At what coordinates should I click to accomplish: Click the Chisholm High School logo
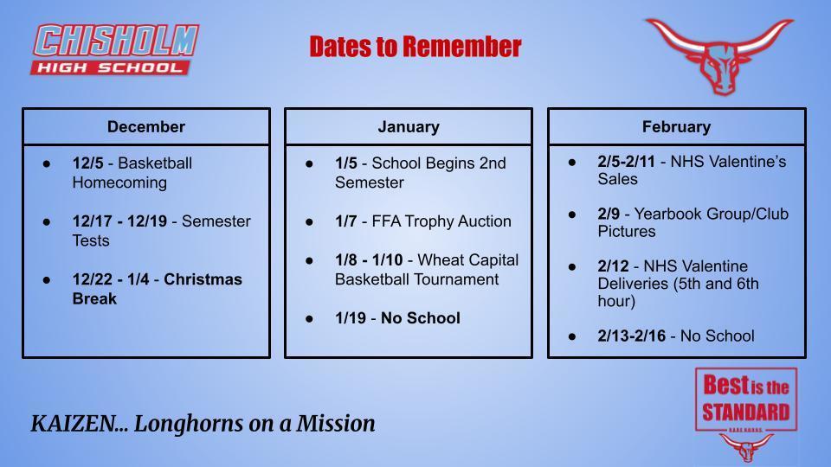(115, 49)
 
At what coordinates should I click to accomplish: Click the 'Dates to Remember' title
(415, 47)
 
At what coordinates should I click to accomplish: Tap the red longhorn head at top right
(718, 55)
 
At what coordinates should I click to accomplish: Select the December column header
(145, 127)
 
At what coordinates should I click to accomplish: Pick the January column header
(409, 127)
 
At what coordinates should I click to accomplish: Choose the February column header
(676, 127)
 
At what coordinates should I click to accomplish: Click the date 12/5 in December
(87, 163)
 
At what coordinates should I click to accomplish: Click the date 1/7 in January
(345, 221)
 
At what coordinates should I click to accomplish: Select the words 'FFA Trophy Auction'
(436, 221)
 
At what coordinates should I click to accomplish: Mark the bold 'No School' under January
(420, 318)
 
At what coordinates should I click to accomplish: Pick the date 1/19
(350, 318)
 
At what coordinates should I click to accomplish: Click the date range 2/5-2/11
(627, 162)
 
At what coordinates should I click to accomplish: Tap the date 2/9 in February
(609, 214)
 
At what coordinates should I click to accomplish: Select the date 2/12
(613, 266)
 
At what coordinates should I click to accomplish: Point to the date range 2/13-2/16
(631, 336)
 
